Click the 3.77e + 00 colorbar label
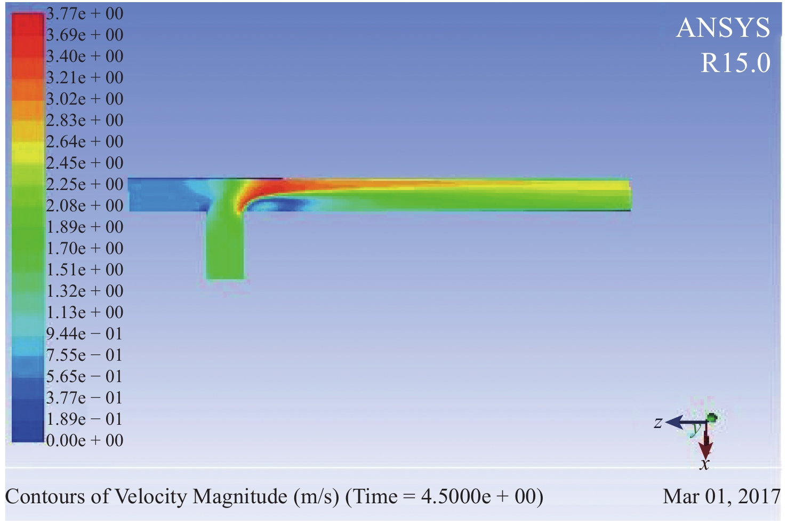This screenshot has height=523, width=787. (x=85, y=14)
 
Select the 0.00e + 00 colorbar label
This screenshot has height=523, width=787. (x=85, y=441)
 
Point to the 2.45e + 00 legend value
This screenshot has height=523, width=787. (x=85, y=163)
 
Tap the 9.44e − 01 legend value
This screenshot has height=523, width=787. (x=84, y=334)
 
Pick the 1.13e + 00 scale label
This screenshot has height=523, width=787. (x=85, y=312)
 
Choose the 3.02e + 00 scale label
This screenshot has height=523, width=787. (x=85, y=99)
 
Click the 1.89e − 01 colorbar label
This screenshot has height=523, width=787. (x=84, y=419)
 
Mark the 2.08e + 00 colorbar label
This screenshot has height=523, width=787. (x=85, y=206)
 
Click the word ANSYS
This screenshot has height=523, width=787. (x=723, y=28)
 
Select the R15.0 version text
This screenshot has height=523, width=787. (x=736, y=63)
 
